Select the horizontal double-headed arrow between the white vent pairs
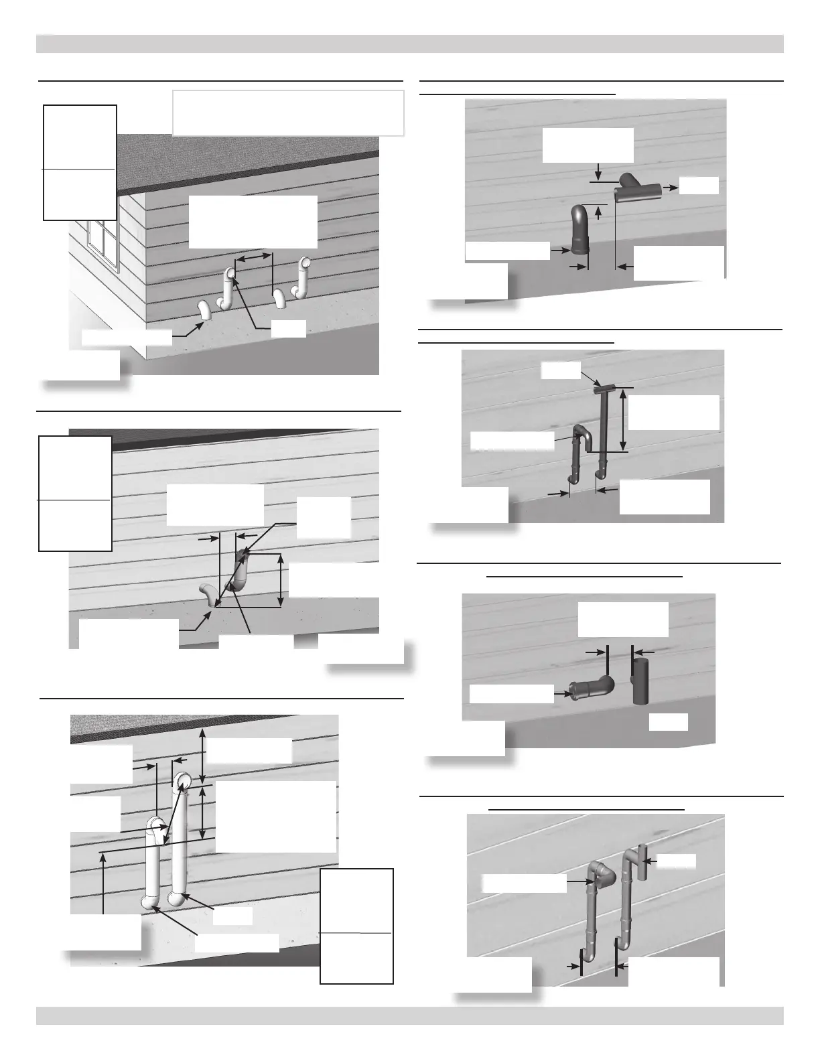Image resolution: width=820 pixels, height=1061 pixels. [257, 257]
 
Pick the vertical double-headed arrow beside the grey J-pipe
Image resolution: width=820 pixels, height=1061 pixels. [281, 580]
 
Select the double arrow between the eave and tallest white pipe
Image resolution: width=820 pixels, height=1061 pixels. [203, 752]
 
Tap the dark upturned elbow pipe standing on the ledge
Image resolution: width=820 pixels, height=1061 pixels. [578, 231]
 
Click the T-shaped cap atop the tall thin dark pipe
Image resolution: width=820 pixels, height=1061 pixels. [606, 388]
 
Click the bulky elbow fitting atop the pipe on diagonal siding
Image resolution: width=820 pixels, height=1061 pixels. [603, 871]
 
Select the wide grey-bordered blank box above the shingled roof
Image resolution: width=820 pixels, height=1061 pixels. [288, 113]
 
